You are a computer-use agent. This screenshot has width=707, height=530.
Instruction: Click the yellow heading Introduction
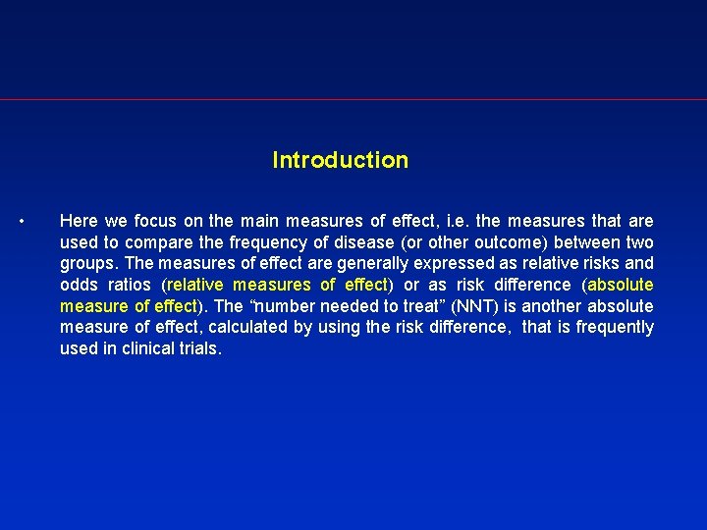[340, 160]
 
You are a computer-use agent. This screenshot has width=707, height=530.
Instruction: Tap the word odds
[78, 285]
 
